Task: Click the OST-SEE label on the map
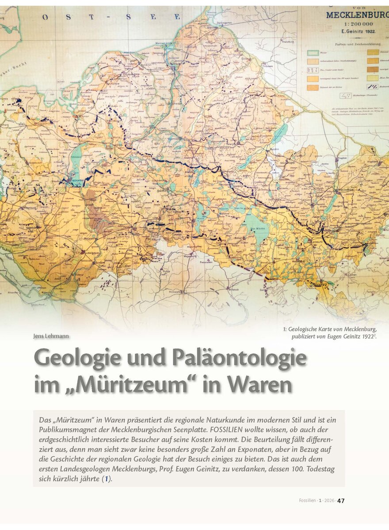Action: point(111,17)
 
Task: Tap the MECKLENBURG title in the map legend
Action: point(357,15)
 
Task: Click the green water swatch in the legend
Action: point(313,53)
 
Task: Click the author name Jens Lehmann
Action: point(51,336)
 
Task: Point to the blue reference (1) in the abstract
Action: point(106,479)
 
